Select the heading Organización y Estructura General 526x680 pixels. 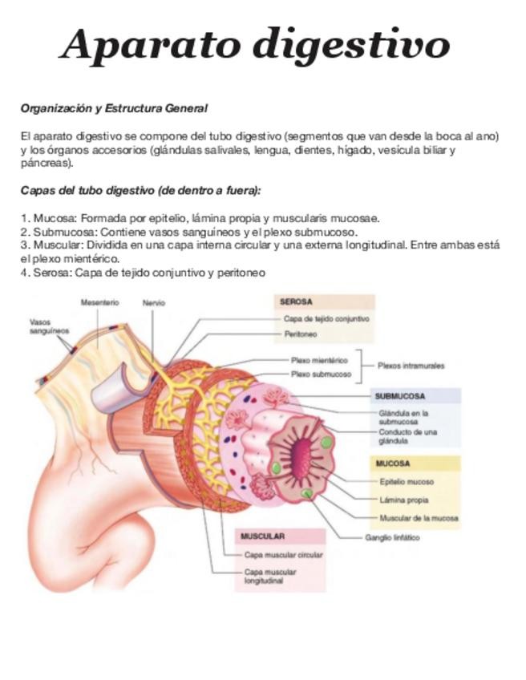coord(114,107)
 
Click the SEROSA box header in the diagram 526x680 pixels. coord(296,302)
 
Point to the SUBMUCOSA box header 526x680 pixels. coord(399,396)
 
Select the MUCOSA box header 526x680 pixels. coord(393,463)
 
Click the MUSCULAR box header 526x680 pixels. coord(262,536)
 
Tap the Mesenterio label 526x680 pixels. coord(100,302)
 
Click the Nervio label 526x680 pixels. coord(154,303)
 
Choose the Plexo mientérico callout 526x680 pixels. coord(318,361)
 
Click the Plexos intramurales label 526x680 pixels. coord(411,366)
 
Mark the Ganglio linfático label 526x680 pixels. coord(392,538)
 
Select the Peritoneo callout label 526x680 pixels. coord(300,334)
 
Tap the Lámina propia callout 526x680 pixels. coord(403,500)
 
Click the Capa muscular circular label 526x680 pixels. coord(283,554)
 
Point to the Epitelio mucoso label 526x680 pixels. coord(406,482)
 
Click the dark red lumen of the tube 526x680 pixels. coord(302,459)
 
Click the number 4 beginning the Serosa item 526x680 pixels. coord(25,273)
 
